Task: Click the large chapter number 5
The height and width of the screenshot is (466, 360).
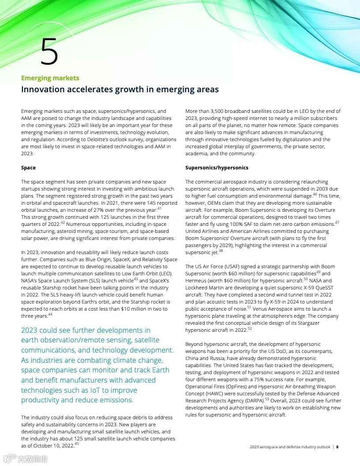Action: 49,51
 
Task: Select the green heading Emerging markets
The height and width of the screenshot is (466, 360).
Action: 50,78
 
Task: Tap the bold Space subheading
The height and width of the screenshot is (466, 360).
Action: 28,168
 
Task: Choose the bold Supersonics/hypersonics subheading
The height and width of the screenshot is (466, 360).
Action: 217,168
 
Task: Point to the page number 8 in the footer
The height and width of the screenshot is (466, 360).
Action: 337,447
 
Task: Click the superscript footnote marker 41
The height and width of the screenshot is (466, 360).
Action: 159,208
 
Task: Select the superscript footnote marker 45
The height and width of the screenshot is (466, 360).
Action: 77,444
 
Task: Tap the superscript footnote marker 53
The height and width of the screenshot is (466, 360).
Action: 267,399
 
